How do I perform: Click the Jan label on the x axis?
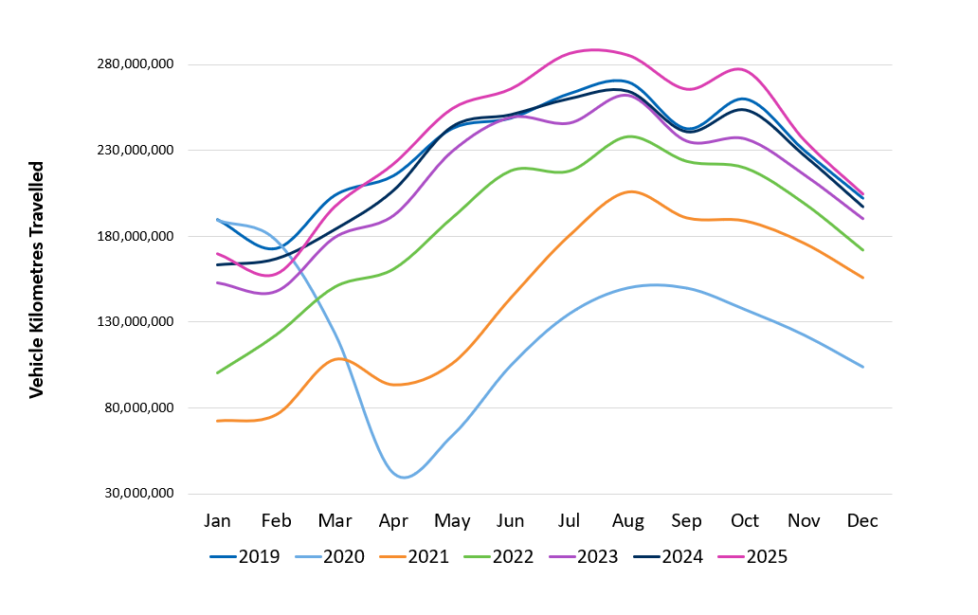(218, 521)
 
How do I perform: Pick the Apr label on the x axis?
(393, 521)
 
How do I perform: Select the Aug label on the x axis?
(627, 521)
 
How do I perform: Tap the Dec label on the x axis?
(862, 521)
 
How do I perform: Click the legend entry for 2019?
(244, 556)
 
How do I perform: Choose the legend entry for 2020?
(329, 556)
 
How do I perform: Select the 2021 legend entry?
(414, 556)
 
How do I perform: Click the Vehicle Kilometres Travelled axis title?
(37, 280)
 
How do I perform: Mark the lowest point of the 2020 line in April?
(404, 478)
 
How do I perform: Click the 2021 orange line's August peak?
(628, 191)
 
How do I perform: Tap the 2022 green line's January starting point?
(218, 373)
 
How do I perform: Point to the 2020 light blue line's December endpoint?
(862, 367)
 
